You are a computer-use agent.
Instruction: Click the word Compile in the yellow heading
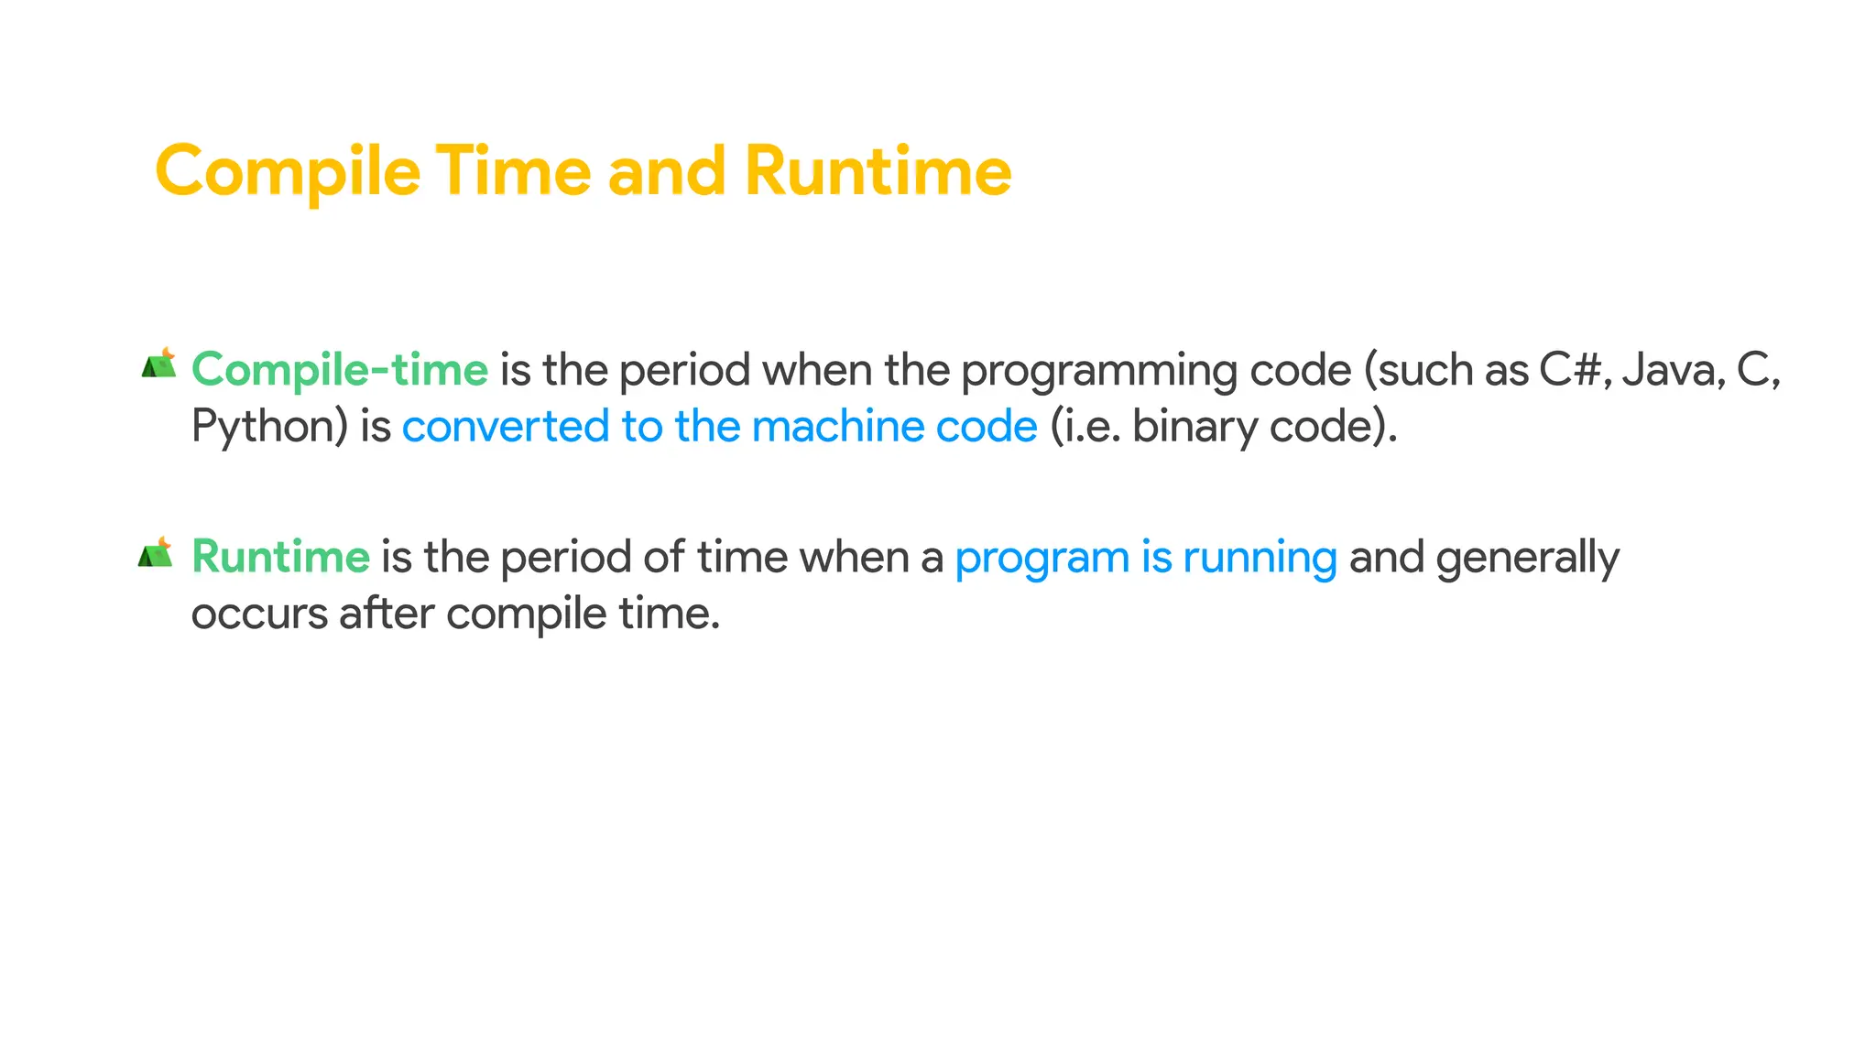[x=288, y=172]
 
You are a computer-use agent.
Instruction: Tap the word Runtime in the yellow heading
[x=878, y=172]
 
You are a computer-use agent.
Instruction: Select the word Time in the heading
[x=513, y=172]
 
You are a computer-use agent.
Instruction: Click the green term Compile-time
[x=340, y=371]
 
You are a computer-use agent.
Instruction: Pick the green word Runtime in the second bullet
[x=280, y=558]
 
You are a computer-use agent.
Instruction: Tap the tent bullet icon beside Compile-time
[x=158, y=364]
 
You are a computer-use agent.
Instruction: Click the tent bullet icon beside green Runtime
[x=156, y=553]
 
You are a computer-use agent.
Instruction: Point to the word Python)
[x=270, y=428]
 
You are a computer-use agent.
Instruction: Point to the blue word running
[x=1260, y=558]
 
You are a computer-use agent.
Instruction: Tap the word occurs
[x=259, y=615]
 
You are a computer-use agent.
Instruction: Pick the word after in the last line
[x=387, y=613]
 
